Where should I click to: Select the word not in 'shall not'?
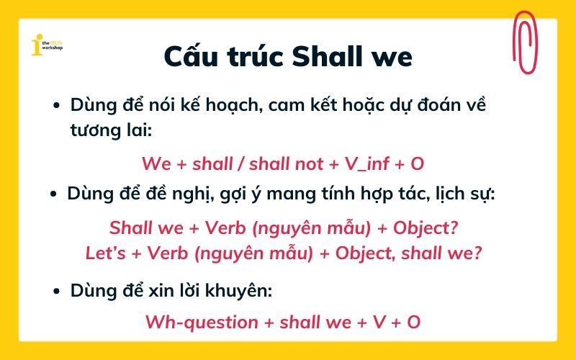click(309, 163)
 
